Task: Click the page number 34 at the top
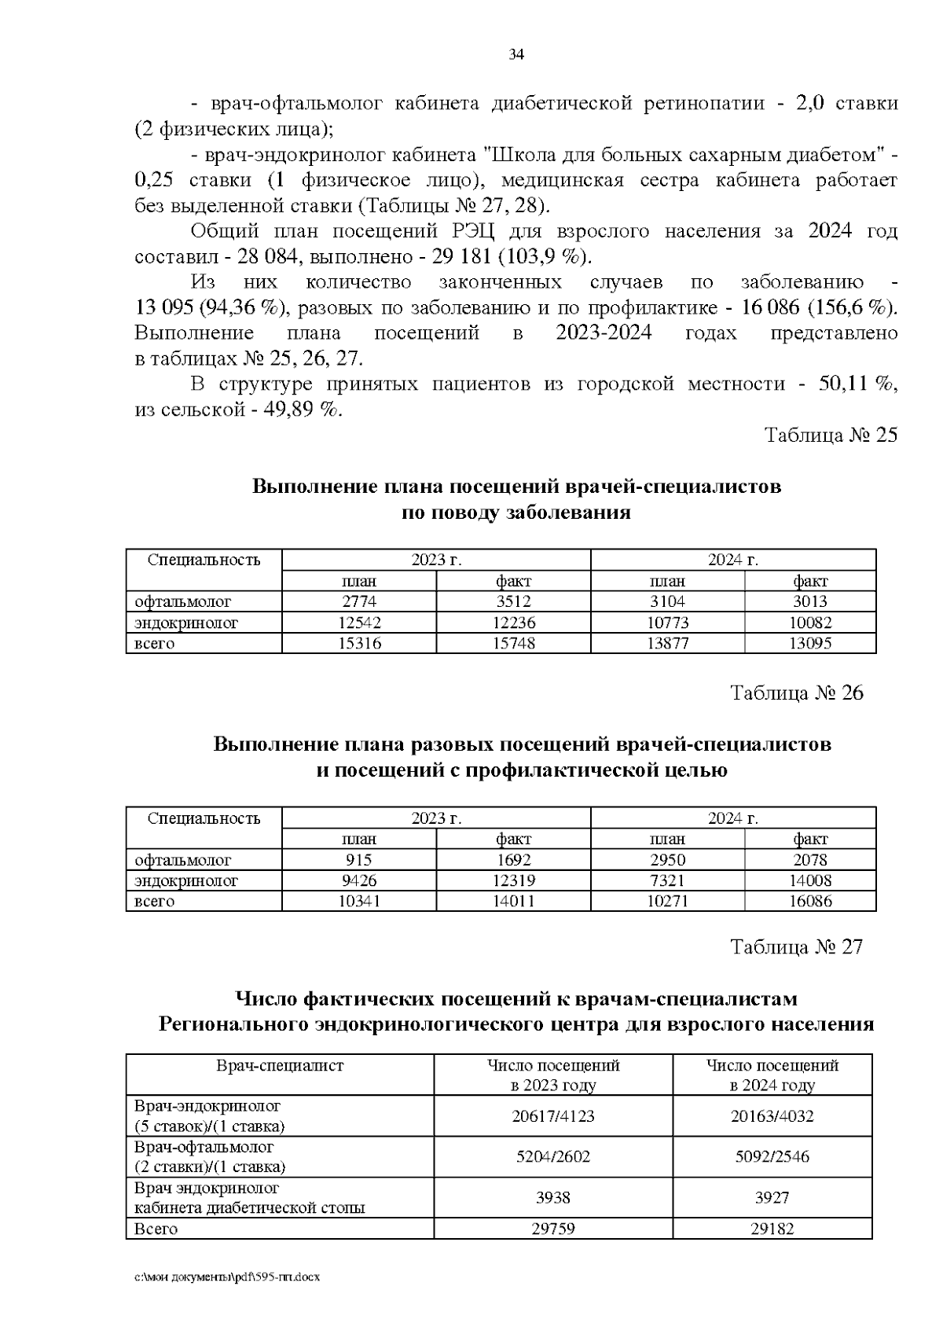pyautogui.click(x=516, y=55)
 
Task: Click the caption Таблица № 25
pyautogui.click(x=831, y=435)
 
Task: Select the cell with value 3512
pyautogui.click(x=513, y=602)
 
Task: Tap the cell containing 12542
pyautogui.click(x=358, y=623)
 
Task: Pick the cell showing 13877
pyautogui.click(x=667, y=644)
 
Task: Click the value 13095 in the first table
pyautogui.click(x=810, y=644)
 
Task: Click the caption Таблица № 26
pyautogui.click(x=797, y=693)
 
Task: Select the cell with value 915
pyautogui.click(x=358, y=860)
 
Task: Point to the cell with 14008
pyautogui.click(x=810, y=881)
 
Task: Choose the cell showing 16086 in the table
pyautogui.click(x=810, y=902)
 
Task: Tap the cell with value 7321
pyautogui.click(x=667, y=881)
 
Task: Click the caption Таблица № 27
pyautogui.click(x=797, y=947)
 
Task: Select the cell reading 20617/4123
pyautogui.click(x=553, y=1116)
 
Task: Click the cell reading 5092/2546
pyautogui.click(x=772, y=1157)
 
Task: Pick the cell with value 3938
pyautogui.click(x=553, y=1198)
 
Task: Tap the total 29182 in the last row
pyautogui.click(x=772, y=1229)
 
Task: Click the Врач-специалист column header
pyautogui.click(x=280, y=1066)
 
